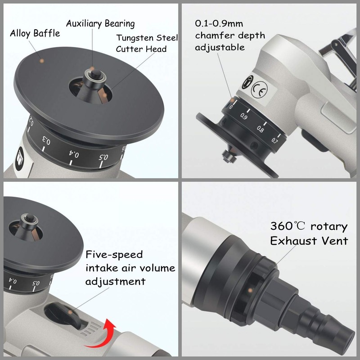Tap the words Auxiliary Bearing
(x=100, y=23)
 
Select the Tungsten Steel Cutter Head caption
(x=147, y=43)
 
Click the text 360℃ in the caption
(x=288, y=226)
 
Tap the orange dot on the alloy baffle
(x=41, y=60)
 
